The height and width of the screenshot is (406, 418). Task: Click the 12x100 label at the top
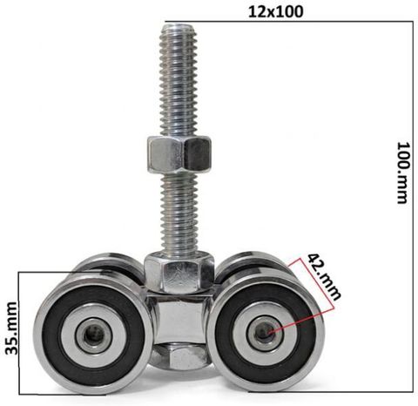coord(275,11)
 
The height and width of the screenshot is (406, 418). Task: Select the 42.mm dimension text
coord(324,277)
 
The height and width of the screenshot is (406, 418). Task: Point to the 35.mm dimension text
coord(11,328)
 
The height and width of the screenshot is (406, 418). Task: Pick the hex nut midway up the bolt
coord(179,153)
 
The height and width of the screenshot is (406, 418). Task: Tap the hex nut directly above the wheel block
coord(179,272)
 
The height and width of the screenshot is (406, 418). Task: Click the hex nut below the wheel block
coord(179,355)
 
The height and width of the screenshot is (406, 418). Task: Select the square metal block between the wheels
coord(179,317)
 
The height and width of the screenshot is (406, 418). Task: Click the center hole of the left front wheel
coord(93,336)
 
